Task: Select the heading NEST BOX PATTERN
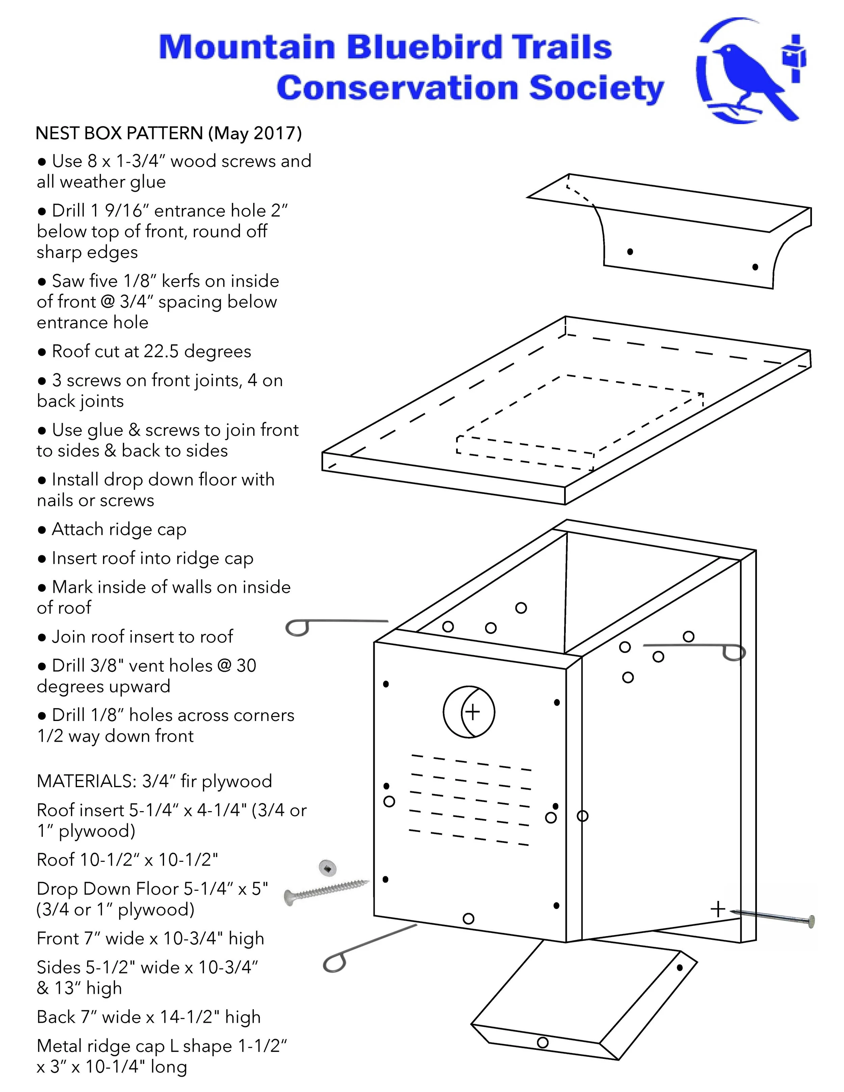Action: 119,133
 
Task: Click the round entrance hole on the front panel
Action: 469,712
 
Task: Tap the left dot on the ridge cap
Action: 630,251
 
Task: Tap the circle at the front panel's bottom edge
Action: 469,918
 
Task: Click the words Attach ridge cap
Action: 119,529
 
